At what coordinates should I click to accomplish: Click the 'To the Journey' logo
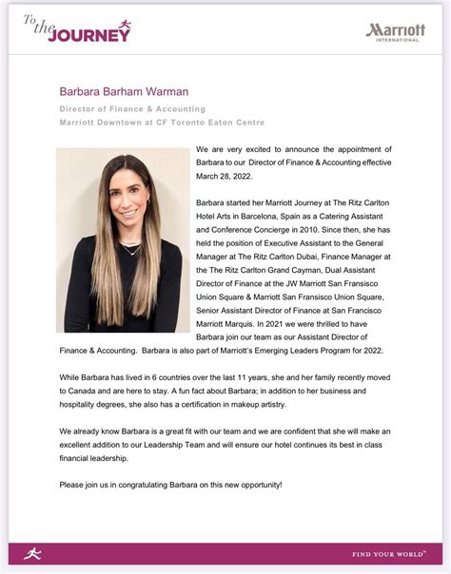point(77,30)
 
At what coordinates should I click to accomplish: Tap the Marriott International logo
point(396,31)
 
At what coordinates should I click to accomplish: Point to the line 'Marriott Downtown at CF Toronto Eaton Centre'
point(162,123)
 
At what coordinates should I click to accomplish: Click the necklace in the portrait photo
point(130,248)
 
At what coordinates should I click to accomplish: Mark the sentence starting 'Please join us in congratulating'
point(170,485)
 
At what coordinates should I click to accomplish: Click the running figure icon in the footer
point(32,553)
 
